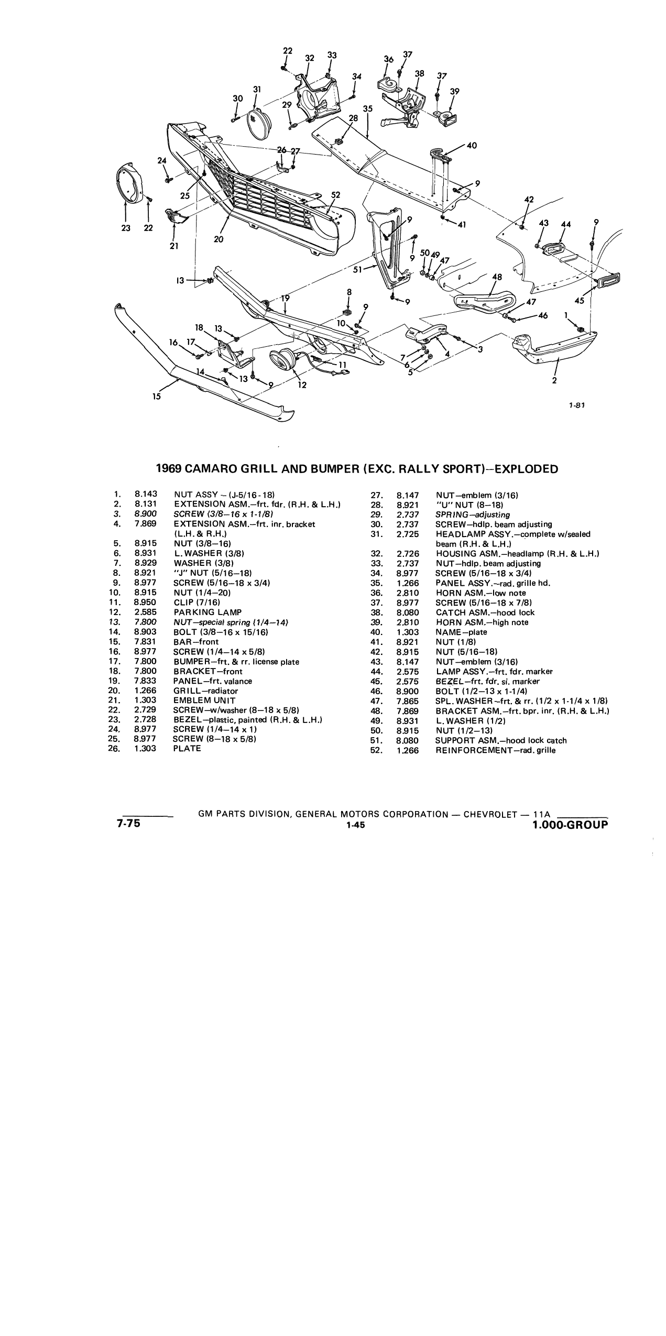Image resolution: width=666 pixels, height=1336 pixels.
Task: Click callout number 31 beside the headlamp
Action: (x=257, y=90)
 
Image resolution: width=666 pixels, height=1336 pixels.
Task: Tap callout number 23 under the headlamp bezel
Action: (x=126, y=228)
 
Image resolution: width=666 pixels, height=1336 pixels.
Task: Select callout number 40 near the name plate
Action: (x=472, y=145)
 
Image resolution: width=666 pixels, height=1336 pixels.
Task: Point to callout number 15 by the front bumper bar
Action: (x=157, y=397)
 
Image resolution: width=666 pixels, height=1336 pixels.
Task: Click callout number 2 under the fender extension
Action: (x=554, y=381)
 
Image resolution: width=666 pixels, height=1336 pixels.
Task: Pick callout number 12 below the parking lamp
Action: (x=302, y=385)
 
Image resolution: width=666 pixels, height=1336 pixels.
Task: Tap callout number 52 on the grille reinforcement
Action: (x=336, y=195)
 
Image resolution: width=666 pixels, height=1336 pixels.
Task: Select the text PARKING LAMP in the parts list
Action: (x=208, y=612)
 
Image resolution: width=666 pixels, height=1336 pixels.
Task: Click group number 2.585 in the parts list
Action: (x=145, y=612)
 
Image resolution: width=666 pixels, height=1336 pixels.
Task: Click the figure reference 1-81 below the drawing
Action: (x=577, y=404)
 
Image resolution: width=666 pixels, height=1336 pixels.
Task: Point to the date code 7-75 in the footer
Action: (x=129, y=823)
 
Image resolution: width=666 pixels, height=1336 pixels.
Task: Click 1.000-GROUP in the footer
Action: (x=570, y=825)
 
